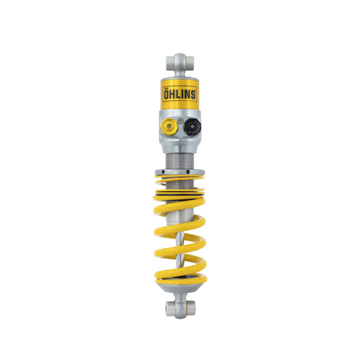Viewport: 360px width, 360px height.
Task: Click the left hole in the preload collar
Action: point(163,176)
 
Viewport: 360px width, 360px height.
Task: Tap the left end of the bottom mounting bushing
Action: point(168,307)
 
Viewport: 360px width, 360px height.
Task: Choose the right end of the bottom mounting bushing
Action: point(192,307)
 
